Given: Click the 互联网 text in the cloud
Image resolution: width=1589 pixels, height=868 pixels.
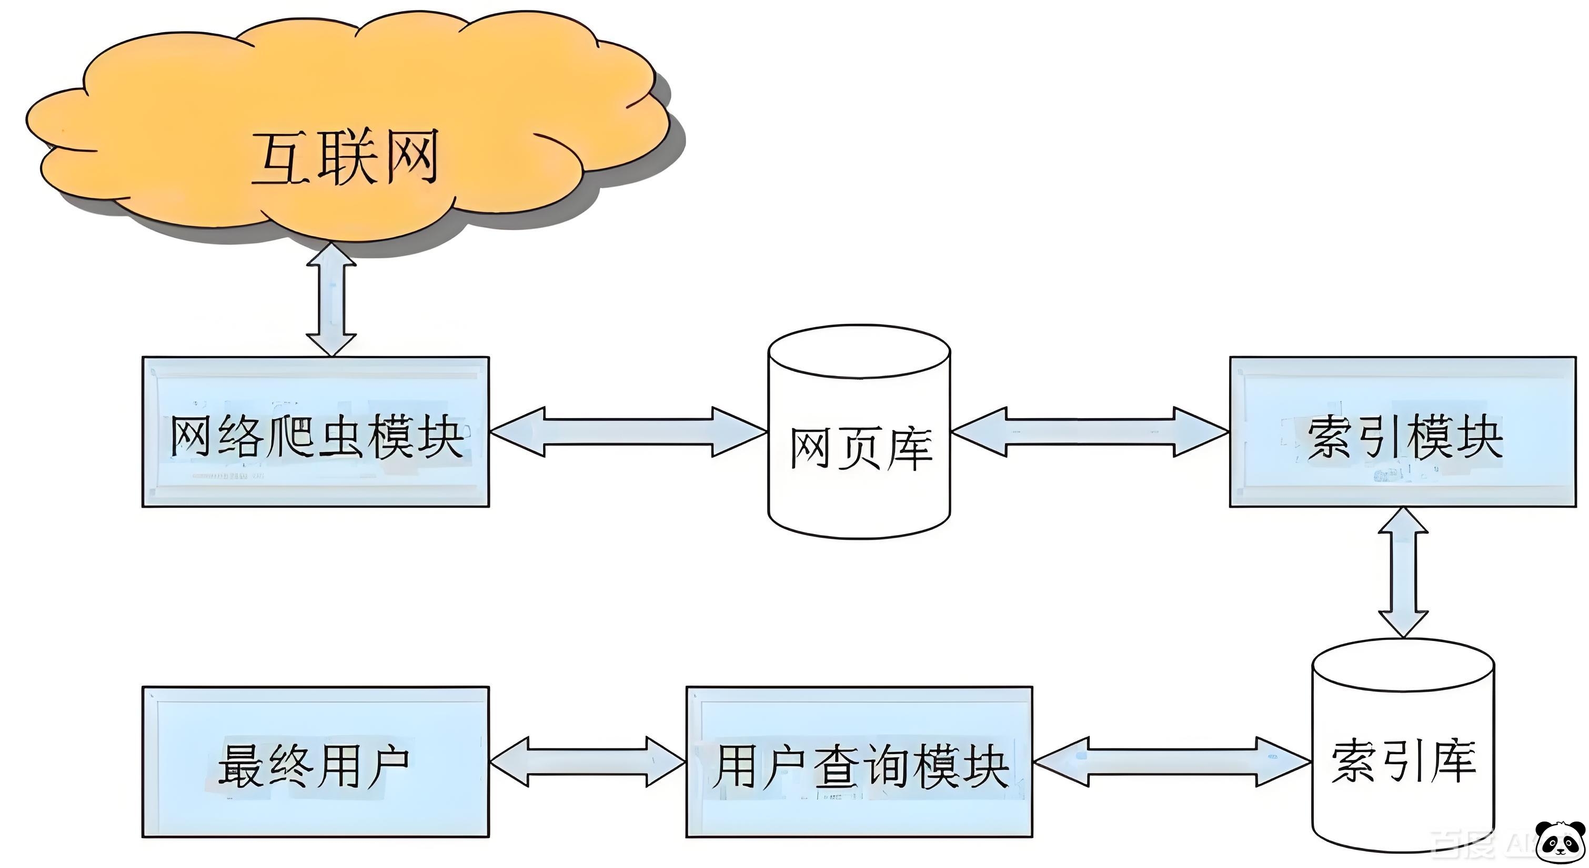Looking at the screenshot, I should point(346,157).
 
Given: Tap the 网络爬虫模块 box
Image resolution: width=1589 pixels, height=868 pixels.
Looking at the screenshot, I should point(315,432).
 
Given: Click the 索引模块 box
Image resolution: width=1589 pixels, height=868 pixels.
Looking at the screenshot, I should point(1402,432).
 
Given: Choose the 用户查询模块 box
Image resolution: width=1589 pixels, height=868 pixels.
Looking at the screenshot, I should point(859,763).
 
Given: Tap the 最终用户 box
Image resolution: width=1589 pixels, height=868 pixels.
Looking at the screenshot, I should point(315,763).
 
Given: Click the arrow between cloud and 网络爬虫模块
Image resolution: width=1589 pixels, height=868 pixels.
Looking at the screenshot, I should point(331,299).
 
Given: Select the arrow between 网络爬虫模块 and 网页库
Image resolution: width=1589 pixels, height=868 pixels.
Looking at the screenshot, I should point(628,432).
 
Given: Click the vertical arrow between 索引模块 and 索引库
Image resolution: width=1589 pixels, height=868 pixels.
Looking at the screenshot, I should point(1403,573).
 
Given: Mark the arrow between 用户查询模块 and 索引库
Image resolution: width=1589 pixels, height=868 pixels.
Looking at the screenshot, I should point(1172,763).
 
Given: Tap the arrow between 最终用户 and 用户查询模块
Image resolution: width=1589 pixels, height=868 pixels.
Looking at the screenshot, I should point(587,763).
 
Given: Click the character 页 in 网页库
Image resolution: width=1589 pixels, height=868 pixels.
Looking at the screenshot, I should point(862,449).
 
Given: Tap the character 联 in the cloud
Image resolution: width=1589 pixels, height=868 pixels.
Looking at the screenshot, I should point(346,157).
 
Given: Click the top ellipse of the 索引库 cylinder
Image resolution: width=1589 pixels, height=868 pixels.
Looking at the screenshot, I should point(1403,666).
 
